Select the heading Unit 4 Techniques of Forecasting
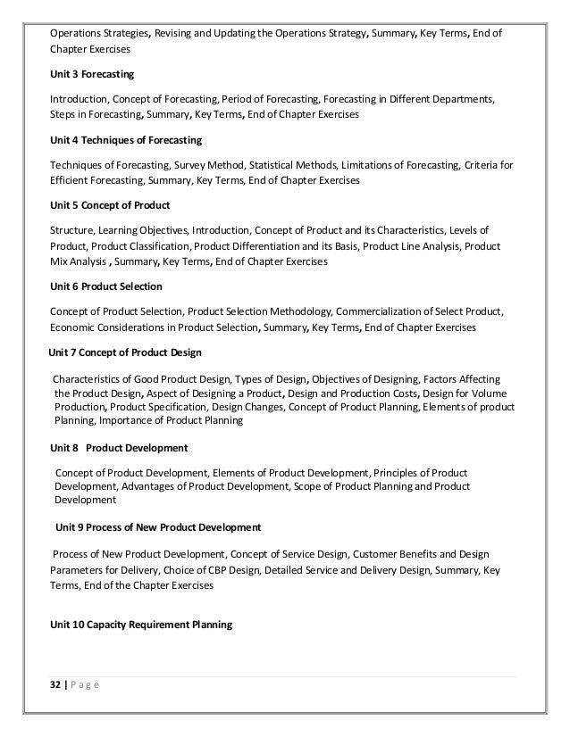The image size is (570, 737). [126, 141]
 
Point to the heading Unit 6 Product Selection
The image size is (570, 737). [106, 286]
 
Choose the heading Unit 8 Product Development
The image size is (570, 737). [120, 447]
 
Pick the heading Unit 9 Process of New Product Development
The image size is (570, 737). [158, 527]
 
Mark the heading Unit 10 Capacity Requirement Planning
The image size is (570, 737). [141, 625]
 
